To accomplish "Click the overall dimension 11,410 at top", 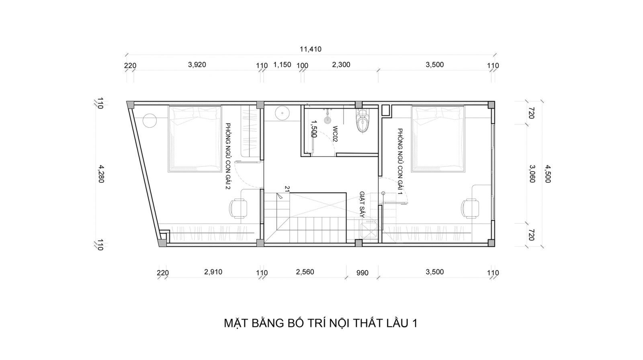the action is coord(311,49).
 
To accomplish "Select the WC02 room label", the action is coord(335,134).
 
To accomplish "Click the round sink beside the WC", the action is coord(282,113).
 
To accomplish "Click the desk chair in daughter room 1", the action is coord(470,209).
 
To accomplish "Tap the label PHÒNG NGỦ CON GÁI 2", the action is coord(228,156).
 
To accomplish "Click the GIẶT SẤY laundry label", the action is coord(362,205).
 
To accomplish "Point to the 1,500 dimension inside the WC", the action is coord(313,129).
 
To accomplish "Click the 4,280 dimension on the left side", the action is coord(101,174).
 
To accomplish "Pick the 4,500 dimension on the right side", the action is coord(548,174).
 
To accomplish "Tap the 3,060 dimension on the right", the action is coord(532,174).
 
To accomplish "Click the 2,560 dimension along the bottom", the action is coord(305,272).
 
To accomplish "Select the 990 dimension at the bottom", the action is coord(362,273).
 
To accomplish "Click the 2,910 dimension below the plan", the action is coord(213,272).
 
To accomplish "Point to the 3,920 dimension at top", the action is coord(197,65).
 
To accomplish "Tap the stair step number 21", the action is coord(287,188).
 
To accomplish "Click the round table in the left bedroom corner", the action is coord(149,121).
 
